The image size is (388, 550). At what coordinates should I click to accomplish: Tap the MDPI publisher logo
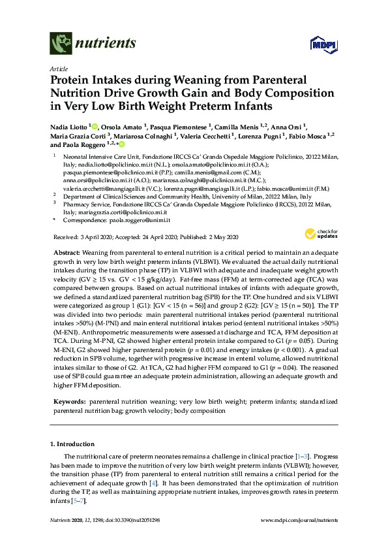(x=325, y=45)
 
